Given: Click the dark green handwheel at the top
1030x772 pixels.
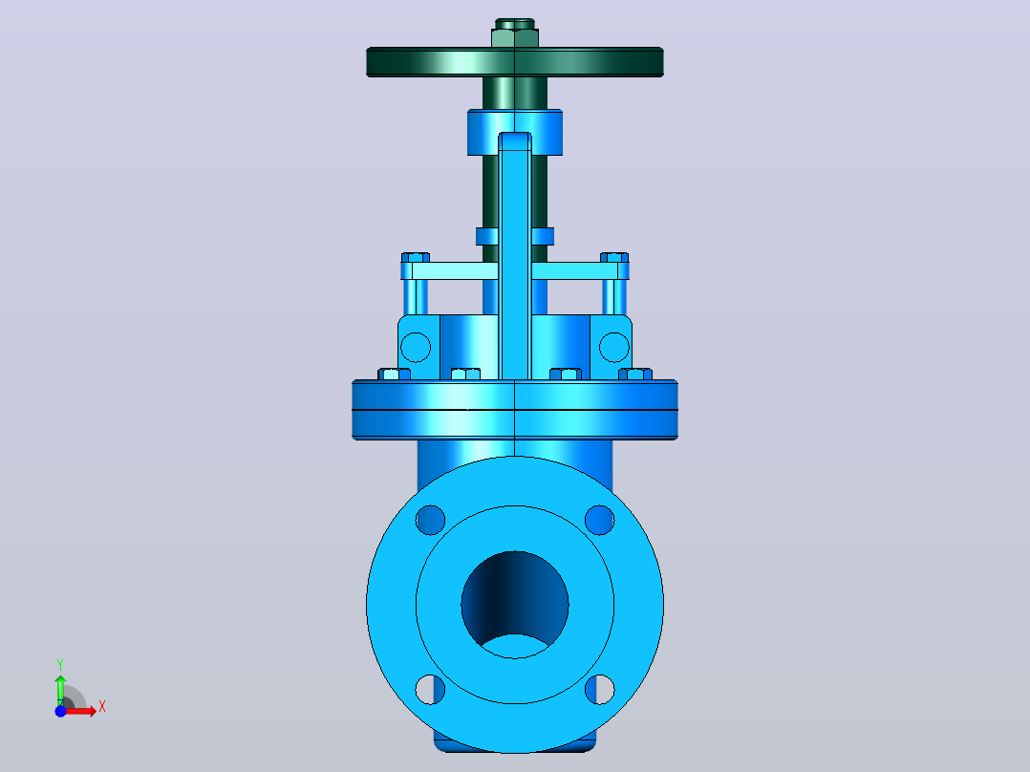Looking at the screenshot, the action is pyautogui.click(x=514, y=62).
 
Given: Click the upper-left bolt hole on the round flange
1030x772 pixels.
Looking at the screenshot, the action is pyautogui.click(x=430, y=520).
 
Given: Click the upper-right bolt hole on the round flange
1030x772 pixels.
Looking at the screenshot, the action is pyautogui.click(x=599, y=520).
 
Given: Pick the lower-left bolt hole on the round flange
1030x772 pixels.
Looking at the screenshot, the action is pyautogui.click(x=430, y=689).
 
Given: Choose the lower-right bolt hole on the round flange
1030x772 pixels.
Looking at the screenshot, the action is pyautogui.click(x=599, y=689).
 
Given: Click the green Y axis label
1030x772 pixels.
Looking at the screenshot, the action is pyautogui.click(x=60, y=665).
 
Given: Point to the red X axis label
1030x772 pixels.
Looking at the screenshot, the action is pyautogui.click(x=102, y=707).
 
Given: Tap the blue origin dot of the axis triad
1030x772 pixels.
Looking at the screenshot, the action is pyautogui.click(x=60, y=711).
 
